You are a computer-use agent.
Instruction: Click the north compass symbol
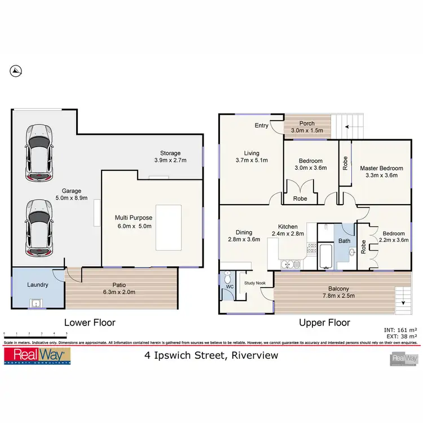coord(16,70)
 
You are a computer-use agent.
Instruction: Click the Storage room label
coord(170,153)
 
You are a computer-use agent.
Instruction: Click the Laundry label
coord(37,285)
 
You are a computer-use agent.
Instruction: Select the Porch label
coord(307,124)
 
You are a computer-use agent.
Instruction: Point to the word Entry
coord(261,126)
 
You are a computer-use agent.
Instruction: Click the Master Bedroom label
coord(382,168)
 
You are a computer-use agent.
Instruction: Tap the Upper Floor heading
coord(325,323)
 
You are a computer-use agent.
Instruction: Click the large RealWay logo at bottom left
coord(37,356)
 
